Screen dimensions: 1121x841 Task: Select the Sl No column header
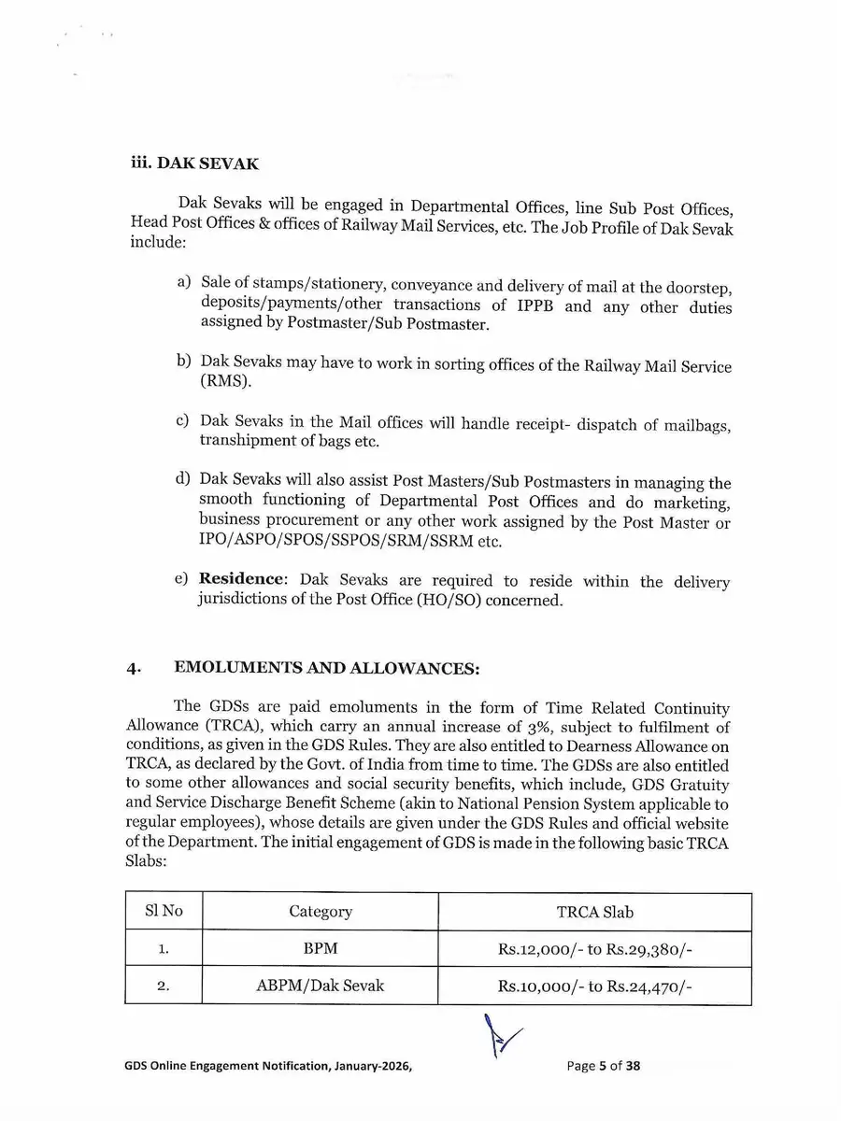(164, 911)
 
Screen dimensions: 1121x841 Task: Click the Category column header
(321, 912)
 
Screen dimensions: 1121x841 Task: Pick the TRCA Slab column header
(594, 912)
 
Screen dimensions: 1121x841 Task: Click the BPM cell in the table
(321, 949)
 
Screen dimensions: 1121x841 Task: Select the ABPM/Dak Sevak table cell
(321, 986)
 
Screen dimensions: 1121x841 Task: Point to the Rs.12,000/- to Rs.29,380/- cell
(594, 949)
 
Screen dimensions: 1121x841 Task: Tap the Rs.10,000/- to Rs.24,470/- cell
(594, 986)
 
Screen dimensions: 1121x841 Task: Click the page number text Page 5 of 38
(603, 1066)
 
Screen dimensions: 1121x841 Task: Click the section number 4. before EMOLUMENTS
(135, 669)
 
